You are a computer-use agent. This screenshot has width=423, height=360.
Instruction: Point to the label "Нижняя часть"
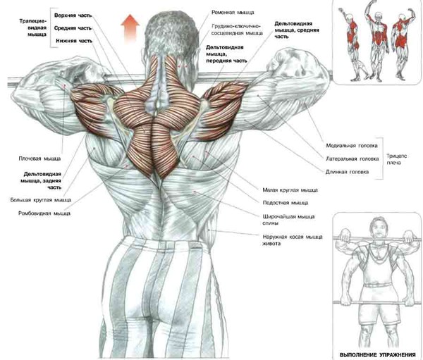[x=73, y=41]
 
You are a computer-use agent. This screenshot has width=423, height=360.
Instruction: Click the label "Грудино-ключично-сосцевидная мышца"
[x=235, y=30]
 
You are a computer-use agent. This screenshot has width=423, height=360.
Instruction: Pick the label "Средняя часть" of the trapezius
[x=73, y=28]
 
